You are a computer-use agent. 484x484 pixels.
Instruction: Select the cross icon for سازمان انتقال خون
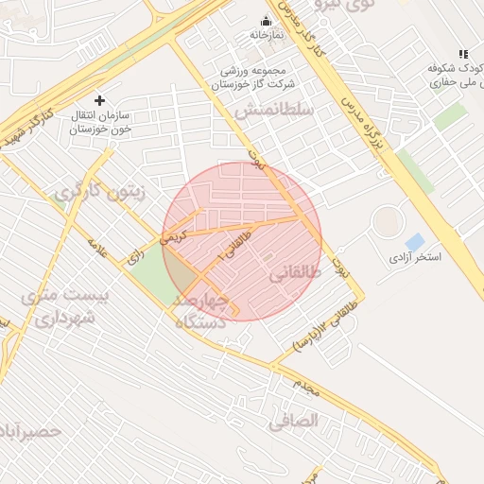pos(100,99)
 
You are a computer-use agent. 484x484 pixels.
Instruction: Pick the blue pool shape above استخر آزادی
pos(414,242)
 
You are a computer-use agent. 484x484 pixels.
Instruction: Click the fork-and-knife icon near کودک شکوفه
pos(463,54)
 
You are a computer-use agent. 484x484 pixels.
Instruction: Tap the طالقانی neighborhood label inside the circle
pos(295,274)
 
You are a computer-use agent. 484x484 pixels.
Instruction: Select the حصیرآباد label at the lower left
pos(30,431)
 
